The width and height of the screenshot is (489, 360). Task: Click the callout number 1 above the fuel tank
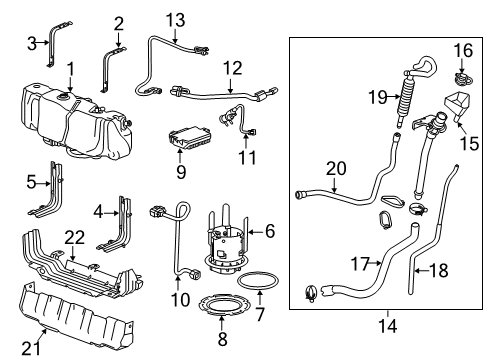click(x=70, y=67)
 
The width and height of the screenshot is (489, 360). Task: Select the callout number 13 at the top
click(x=175, y=20)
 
